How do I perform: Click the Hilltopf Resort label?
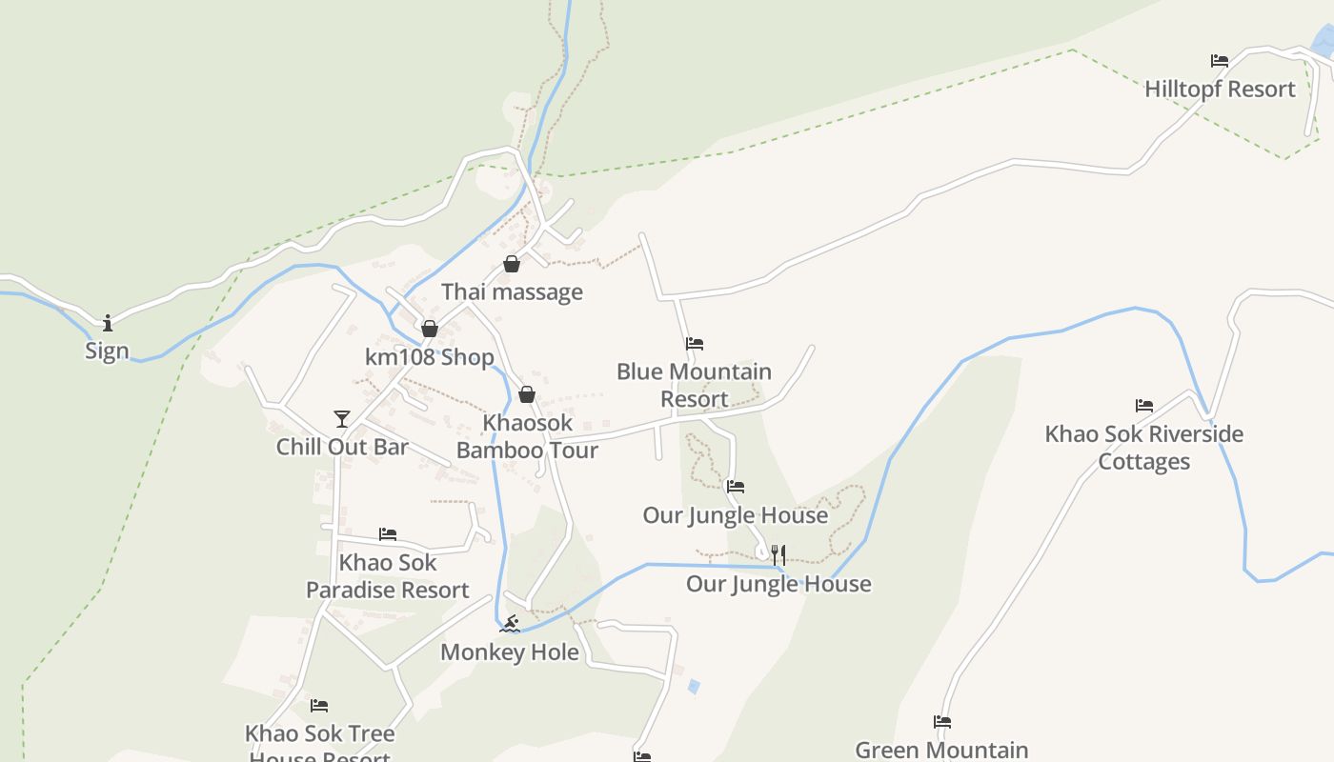coord(1220,90)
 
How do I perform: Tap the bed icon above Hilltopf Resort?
coord(1220,61)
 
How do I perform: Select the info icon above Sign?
coord(108,322)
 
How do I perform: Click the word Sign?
coord(107,351)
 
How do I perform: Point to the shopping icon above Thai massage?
coord(512,264)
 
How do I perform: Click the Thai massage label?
coord(512,291)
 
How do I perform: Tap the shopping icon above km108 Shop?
coord(430,329)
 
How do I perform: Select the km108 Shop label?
coord(430,357)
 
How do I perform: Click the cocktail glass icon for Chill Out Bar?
coord(342,418)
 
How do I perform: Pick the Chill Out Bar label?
coord(342,447)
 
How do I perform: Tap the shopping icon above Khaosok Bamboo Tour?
coord(527,394)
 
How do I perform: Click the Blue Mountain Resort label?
coord(694,385)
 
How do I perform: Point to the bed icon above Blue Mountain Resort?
coord(695,344)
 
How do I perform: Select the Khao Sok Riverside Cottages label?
coord(1143,448)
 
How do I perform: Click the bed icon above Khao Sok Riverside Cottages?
coord(1144,406)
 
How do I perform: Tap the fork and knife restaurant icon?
coord(778,554)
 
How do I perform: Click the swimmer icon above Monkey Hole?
coord(511,624)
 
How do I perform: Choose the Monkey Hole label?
coord(510,652)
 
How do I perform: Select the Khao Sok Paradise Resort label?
coord(388,576)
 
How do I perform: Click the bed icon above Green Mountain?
coord(942,722)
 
